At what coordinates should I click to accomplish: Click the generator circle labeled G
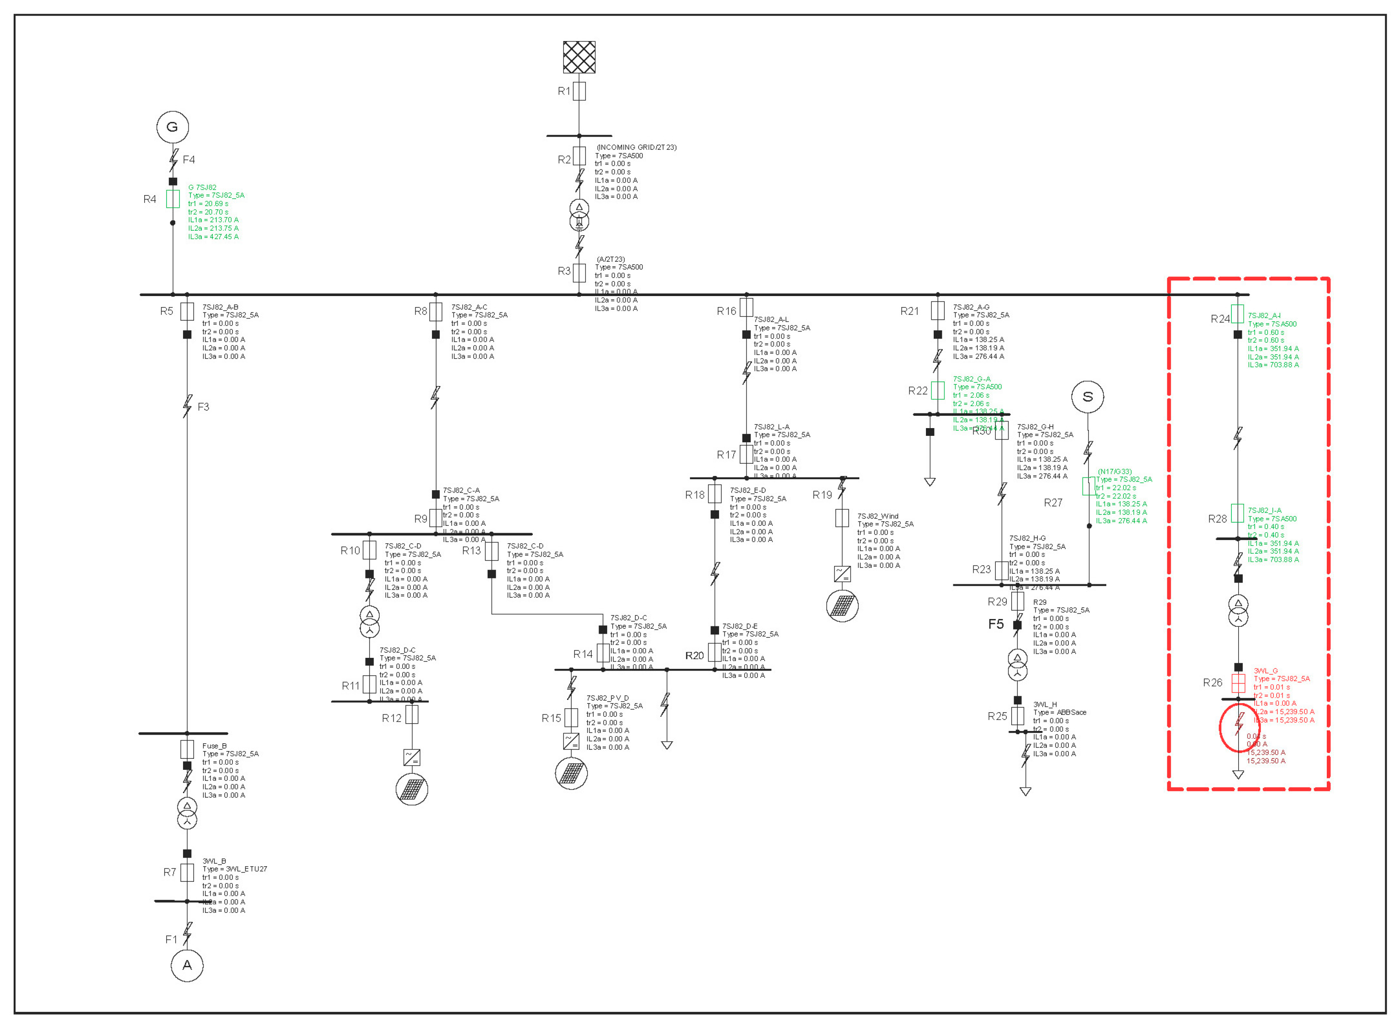(172, 127)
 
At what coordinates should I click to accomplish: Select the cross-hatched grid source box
(579, 57)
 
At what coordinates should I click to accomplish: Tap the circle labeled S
(1088, 397)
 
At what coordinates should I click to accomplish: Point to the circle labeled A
(187, 965)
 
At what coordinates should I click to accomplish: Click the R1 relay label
(563, 91)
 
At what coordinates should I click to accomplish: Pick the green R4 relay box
(173, 199)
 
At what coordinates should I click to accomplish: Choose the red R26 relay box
(1238, 683)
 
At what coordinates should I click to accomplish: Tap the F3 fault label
(203, 407)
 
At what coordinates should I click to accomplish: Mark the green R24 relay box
(1237, 314)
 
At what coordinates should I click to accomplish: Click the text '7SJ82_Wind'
(878, 516)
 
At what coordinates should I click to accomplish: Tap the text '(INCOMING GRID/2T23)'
(636, 148)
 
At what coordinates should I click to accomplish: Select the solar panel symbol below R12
(411, 789)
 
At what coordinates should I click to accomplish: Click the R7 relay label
(170, 872)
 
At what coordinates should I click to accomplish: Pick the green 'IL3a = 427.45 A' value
(213, 237)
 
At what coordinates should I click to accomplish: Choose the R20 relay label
(694, 656)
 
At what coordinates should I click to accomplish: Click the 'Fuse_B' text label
(215, 746)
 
